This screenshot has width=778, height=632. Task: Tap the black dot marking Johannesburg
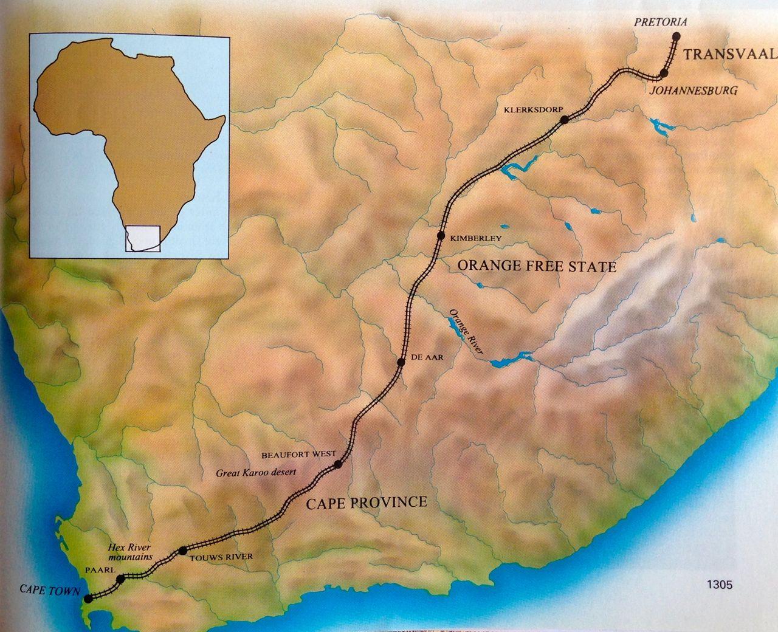pos(663,73)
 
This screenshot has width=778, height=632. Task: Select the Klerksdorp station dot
pos(564,120)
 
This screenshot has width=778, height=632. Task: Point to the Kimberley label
pos(476,238)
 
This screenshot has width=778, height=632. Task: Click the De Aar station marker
pos(401,362)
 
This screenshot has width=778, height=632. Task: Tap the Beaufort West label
pos(294,454)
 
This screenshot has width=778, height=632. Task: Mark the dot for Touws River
pos(183,551)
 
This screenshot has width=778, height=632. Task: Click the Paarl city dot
pos(120,579)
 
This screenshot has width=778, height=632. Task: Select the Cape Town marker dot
pos(89,599)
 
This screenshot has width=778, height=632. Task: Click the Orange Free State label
pos(537,266)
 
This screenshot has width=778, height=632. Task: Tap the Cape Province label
pos(367,503)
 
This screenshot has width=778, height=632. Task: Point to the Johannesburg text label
pos(694,91)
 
